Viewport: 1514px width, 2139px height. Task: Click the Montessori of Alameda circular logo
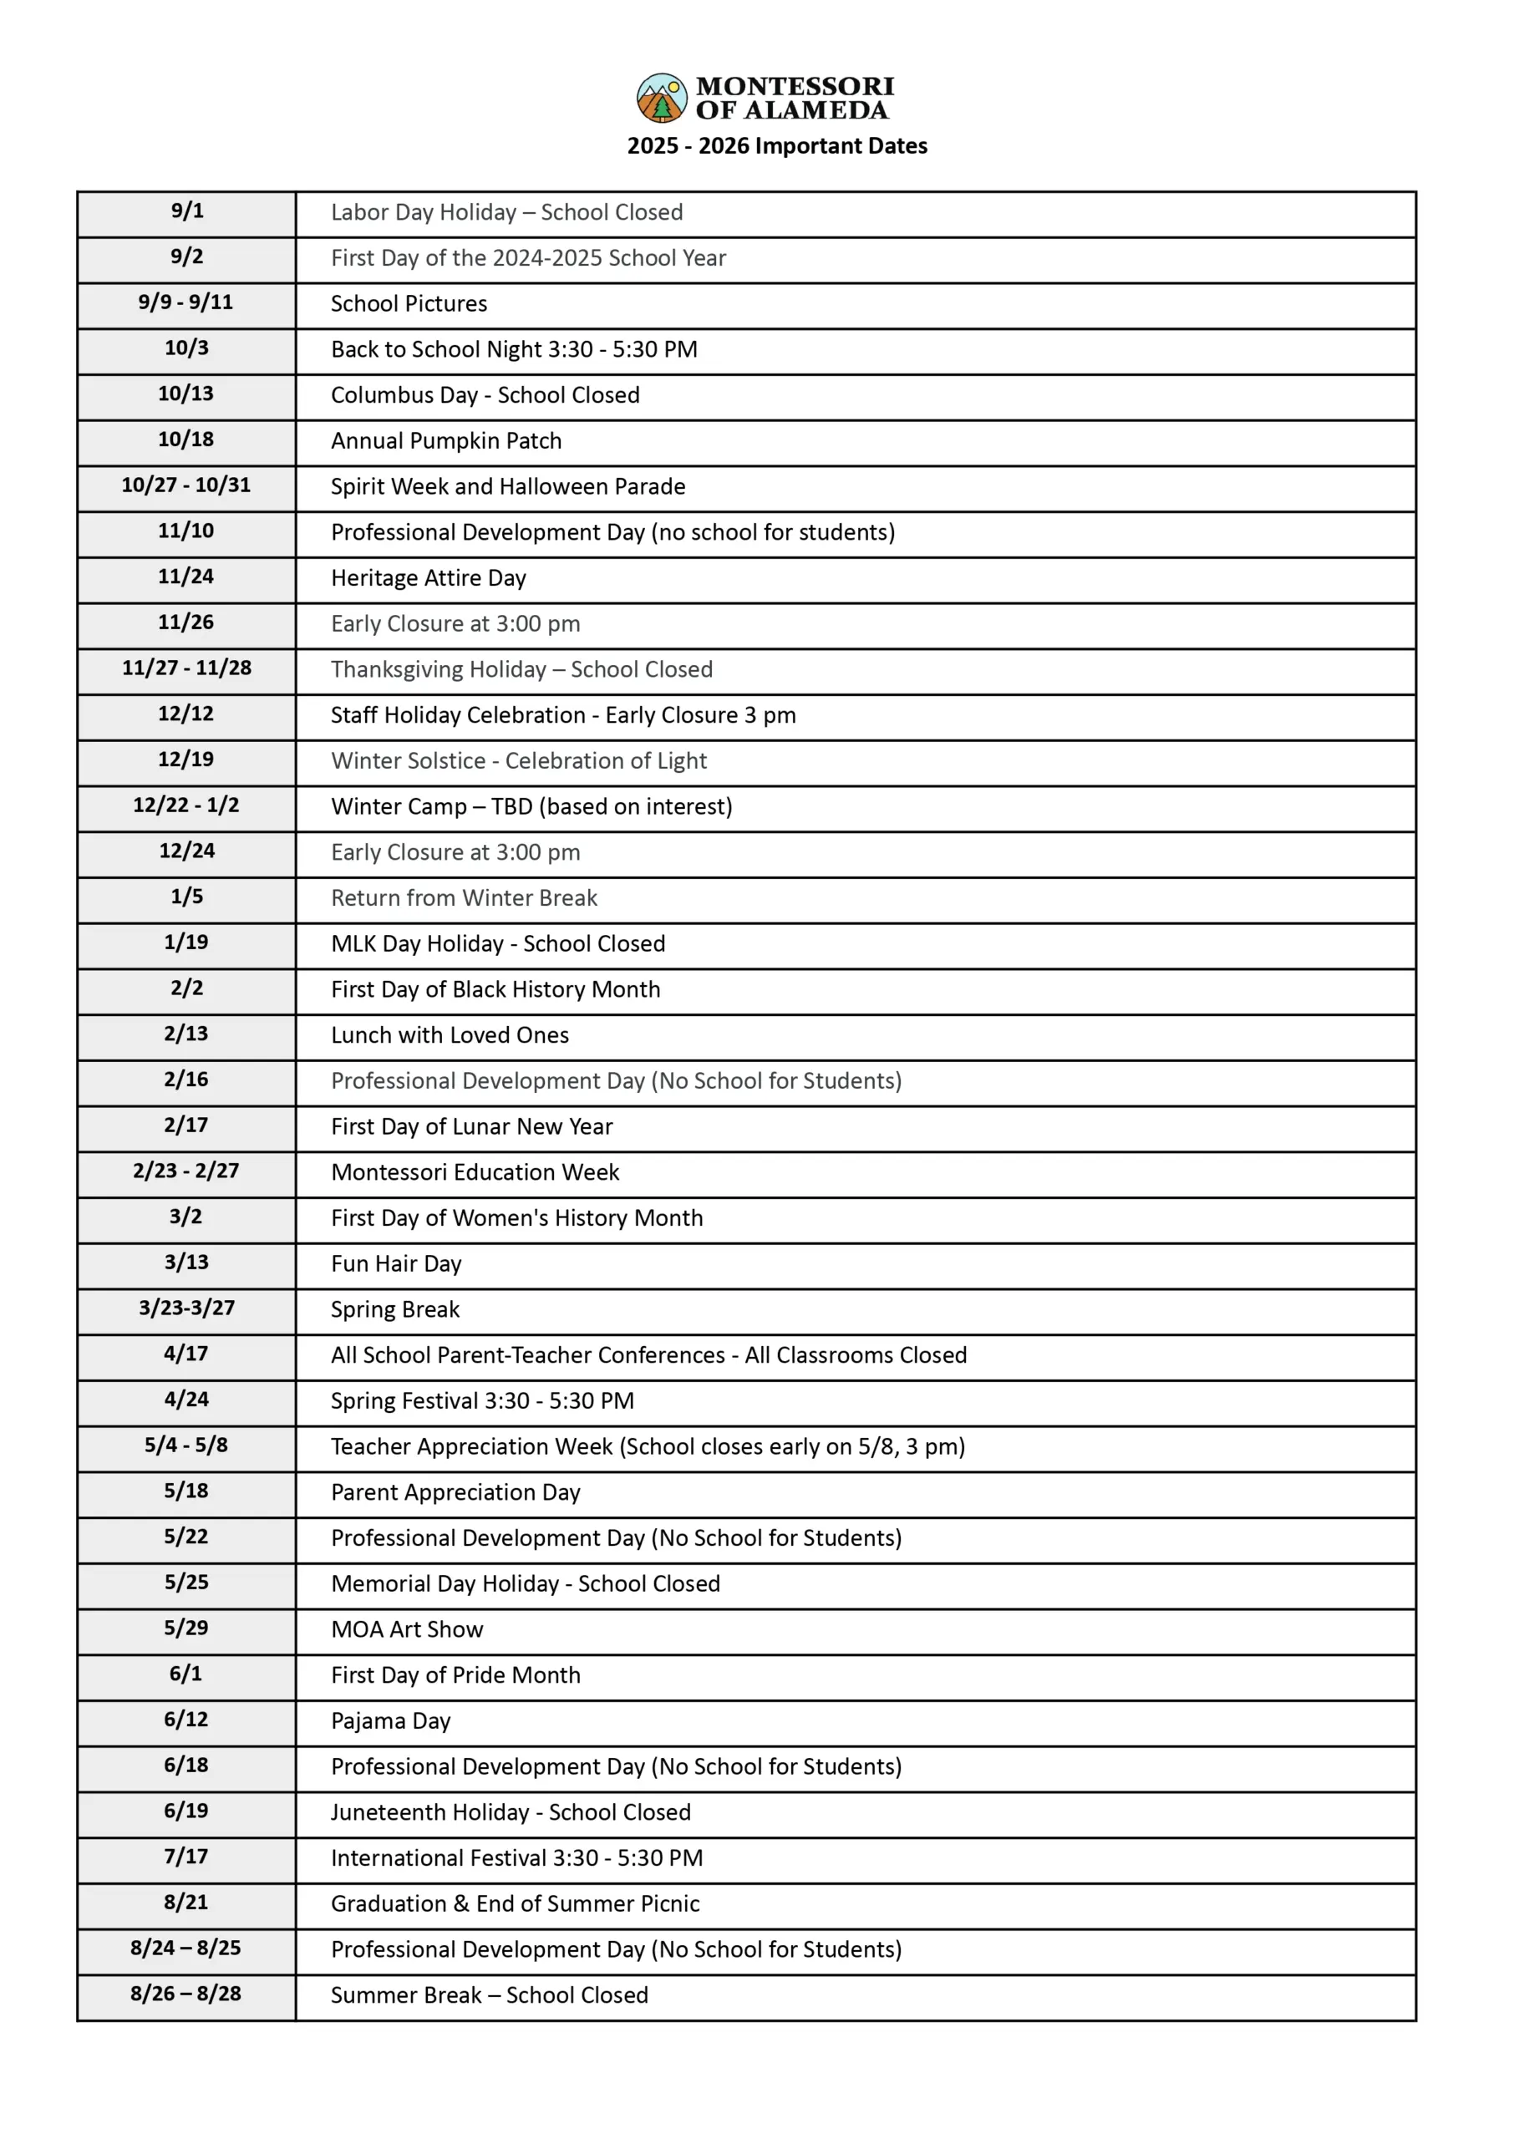coord(661,98)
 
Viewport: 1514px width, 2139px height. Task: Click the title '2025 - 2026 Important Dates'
coord(776,146)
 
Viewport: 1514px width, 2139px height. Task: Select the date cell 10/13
coord(185,394)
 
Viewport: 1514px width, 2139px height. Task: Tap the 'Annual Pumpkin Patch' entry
coord(445,441)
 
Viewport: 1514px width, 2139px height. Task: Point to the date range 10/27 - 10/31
coord(185,485)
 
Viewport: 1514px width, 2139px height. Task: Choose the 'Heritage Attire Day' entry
coord(428,578)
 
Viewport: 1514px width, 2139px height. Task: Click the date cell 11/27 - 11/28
coord(186,668)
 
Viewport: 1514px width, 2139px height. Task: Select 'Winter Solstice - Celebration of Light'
coord(518,760)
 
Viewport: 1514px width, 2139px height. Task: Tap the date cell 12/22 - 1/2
coord(185,805)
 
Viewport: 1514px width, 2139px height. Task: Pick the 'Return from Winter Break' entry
coord(464,897)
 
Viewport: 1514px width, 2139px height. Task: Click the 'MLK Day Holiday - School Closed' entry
coord(498,943)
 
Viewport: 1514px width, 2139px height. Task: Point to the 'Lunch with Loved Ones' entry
coord(450,1034)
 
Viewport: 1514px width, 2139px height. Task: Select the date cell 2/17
coord(185,1125)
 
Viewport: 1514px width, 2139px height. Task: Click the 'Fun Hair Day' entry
coord(396,1264)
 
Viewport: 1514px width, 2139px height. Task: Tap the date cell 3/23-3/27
coord(186,1308)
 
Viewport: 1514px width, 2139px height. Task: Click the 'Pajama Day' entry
coord(391,1720)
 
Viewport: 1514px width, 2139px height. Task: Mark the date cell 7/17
coord(185,1857)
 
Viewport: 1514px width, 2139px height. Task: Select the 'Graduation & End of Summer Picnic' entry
coord(515,1903)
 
